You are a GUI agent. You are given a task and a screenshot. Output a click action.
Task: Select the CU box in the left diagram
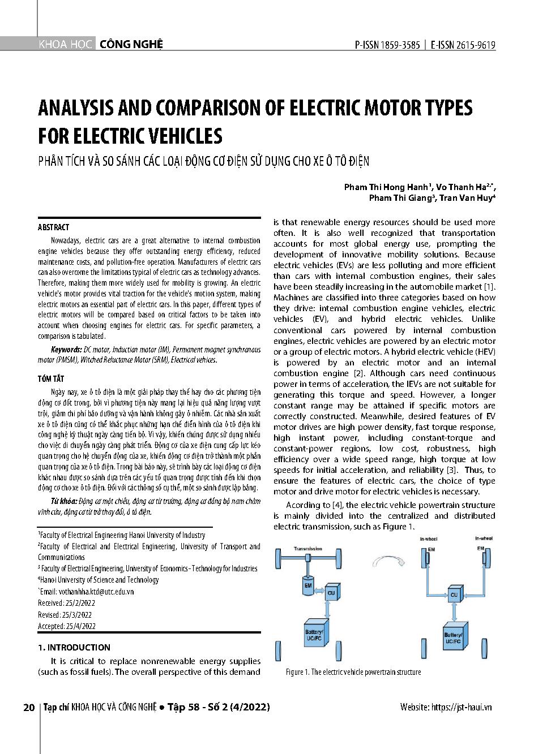[332, 593]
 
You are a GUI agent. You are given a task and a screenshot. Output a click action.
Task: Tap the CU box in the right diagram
[454, 594]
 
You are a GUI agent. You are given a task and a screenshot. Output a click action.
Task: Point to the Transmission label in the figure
[308, 549]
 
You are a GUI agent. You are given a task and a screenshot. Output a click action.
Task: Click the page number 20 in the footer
[29, 708]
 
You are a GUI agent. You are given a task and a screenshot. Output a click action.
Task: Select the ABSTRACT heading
[53, 227]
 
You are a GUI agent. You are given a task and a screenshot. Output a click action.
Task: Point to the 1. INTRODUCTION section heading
[74, 647]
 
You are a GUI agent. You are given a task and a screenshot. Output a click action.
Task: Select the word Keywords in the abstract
[66, 350]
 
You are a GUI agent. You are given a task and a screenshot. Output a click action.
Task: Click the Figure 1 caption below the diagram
[353, 672]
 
